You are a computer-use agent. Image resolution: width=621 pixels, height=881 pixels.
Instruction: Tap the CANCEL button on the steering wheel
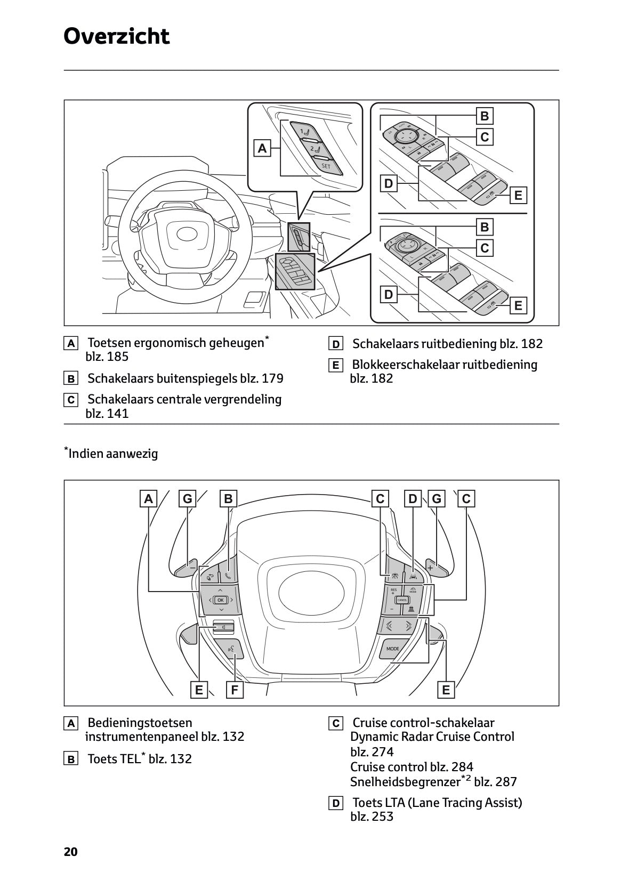pos(402,600)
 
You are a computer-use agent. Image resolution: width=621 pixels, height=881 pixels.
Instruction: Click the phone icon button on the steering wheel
pos(228,576)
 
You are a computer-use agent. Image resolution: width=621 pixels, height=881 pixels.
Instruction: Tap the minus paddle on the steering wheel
pos(191,568)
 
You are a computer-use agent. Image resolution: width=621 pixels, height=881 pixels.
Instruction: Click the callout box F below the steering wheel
pos(234,690)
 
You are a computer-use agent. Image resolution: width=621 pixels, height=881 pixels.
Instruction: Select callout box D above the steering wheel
pos(413,499)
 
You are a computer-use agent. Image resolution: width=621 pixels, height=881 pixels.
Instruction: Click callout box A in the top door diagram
pos(262,149)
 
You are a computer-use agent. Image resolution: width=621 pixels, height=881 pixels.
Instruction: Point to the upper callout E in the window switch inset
pos(518,196)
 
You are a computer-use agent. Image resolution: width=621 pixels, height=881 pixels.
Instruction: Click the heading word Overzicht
pos(116,37)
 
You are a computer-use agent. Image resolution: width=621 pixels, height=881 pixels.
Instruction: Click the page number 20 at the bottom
pos(70,852)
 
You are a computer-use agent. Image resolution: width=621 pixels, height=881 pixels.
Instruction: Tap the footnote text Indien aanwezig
pos(113,454)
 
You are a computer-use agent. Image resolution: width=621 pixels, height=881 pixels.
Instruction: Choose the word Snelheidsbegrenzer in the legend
pos(405,782)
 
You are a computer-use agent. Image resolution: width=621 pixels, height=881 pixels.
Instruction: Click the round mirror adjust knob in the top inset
pos(407,135)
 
